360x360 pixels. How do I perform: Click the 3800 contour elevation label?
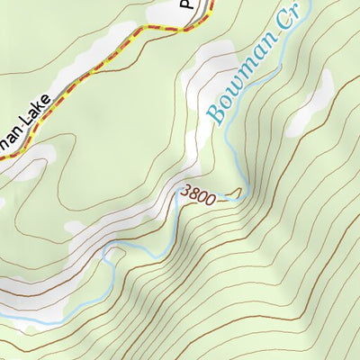(x=197, y=194)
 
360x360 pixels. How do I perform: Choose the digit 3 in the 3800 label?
(x=184, y=190)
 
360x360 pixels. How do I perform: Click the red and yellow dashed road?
(x=108, y=63)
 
